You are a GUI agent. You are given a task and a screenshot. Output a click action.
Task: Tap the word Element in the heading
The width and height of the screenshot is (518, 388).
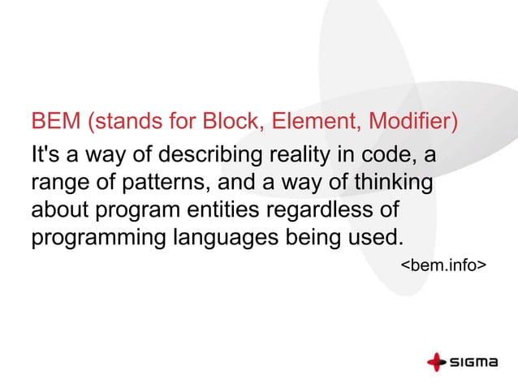click(316, 123)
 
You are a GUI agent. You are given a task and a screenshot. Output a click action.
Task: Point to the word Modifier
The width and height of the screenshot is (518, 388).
click(412, 123)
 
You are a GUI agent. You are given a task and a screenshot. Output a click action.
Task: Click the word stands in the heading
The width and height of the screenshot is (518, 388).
click(125, 123)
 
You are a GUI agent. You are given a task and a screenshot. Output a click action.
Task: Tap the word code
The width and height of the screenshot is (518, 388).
click(391, 154)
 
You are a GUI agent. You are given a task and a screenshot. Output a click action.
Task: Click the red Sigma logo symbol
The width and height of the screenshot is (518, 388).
click(437, 361)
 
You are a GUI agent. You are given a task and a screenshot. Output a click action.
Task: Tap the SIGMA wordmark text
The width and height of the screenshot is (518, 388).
click(474, 362)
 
